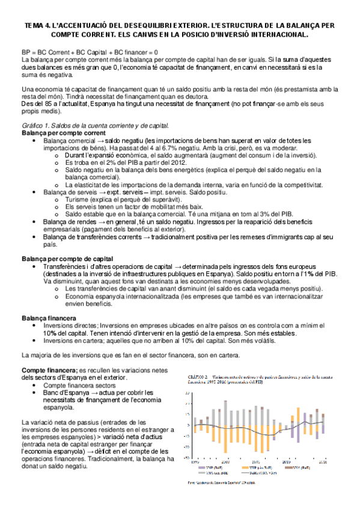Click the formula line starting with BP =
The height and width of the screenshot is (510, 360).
(90, 53)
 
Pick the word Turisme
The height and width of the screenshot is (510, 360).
(80, 198)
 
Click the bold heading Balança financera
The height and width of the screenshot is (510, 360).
(49, 318)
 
